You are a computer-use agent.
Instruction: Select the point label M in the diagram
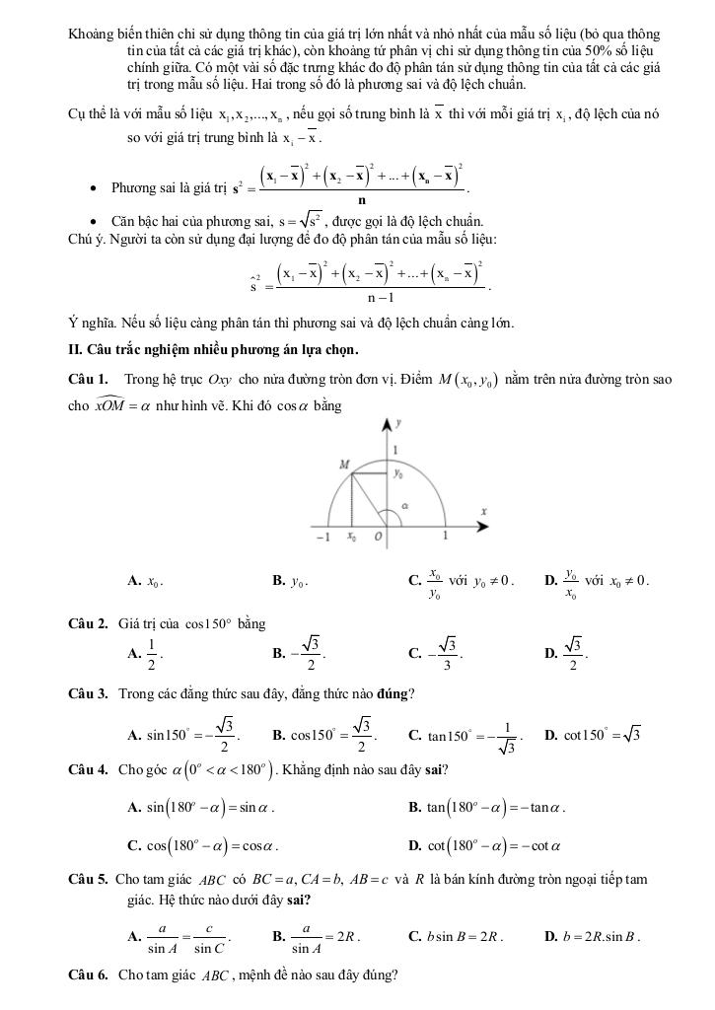point(344,463)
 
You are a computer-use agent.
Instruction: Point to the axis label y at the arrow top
point(398,423)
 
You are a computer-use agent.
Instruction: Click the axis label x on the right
point(484,511)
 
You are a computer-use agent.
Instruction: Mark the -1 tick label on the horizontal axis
point(322,538)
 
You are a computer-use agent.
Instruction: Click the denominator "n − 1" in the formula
point(382,297)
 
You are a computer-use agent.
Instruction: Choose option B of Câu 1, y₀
point(297,581)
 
